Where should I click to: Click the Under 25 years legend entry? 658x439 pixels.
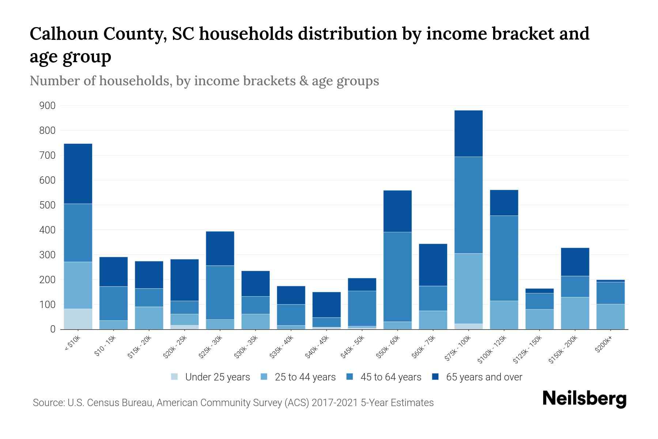tap(211, 377)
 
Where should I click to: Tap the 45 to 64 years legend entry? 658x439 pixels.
tap(384, 377)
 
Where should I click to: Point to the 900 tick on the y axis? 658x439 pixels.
tap(48, 106)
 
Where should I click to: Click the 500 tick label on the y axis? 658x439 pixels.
tap(48, 205)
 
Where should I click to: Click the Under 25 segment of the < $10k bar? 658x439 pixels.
tap(78, 319)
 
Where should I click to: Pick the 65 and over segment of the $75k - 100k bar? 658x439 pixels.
tap(468, 134)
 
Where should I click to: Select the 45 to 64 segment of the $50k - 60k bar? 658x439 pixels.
tap(397, 277)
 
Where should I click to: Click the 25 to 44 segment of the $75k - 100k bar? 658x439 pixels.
tap(468, 288)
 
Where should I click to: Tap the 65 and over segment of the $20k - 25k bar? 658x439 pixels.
tap(185, 280)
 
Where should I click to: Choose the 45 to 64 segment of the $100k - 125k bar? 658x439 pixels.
tap(504, 258)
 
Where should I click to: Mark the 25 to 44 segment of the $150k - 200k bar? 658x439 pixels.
tap(575, 313)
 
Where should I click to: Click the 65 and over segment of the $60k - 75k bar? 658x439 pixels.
tap(433, 265)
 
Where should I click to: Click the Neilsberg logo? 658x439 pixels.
tap(585, 398)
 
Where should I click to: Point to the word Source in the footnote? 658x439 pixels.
tap(48, 403)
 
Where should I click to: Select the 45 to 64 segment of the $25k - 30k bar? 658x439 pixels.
tap(220, 292)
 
